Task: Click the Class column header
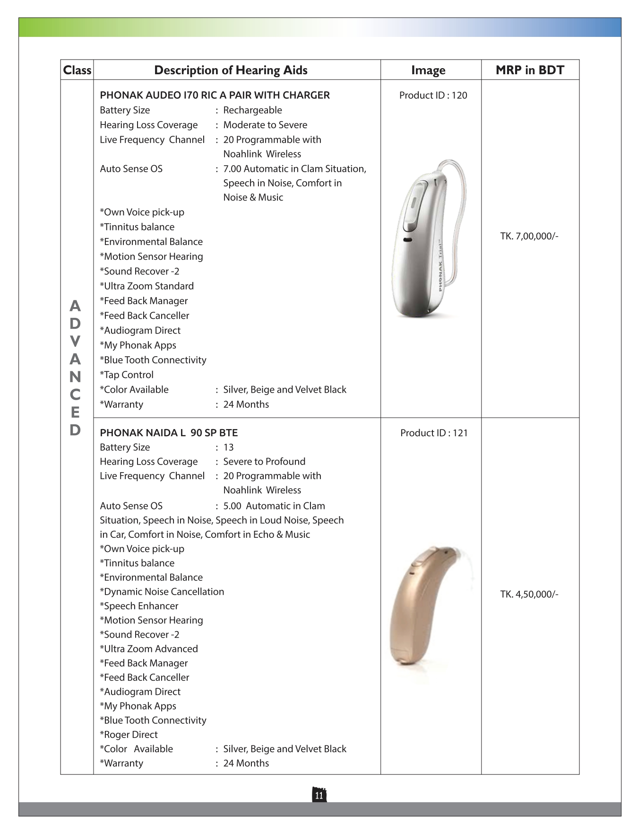tap(77, 70)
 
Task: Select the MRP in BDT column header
tap(530, 70)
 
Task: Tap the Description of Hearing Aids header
tap(231, 70)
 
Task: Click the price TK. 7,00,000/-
tap(529, 236)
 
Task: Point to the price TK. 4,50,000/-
tap(529, 594)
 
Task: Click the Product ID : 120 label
tap(433, 96)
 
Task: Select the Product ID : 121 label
tap(434, 433)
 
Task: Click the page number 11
tap(319, 795)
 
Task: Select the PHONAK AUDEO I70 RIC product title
tap(215, 96)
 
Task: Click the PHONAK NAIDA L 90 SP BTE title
tap(169, 433)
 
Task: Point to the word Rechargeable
tap(252, 110)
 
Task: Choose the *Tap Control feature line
tap(127, 375)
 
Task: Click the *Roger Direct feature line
tap(129, 734)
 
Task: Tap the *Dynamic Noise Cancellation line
tap(162, 591)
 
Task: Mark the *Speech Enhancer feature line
tap(139, 606)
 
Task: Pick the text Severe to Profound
tap(264, 461)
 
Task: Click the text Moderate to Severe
tap(265, 125)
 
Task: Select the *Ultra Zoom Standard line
tap(147, 286)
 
